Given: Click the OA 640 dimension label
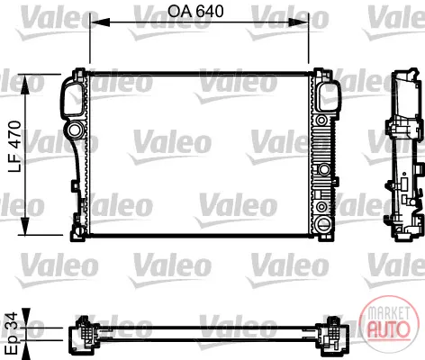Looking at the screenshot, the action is click(195, 12).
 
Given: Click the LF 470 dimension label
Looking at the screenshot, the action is click(14, 147).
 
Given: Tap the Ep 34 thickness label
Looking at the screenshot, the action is click(12, 332).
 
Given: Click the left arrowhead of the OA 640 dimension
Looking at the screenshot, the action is click(100, 22).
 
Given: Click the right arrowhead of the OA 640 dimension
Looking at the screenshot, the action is click(298, 22).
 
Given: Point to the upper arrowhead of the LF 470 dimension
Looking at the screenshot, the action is click(25, 85).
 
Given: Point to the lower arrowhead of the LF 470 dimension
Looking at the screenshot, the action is click(25, 226).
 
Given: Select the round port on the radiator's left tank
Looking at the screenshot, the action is click(74, 130).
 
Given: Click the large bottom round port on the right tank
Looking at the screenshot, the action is click(323, 223).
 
